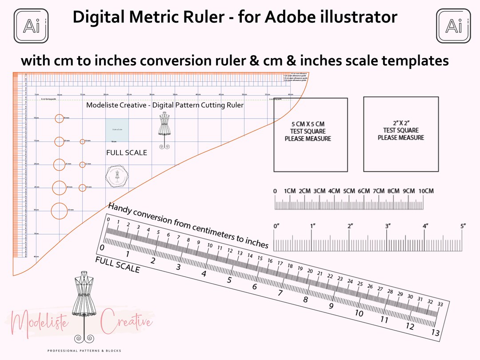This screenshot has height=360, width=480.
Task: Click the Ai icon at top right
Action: click(x=453, y=26)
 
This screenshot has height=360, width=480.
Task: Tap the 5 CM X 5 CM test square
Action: click(x=310, y=134)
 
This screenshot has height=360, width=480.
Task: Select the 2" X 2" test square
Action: click(x=400, y=134)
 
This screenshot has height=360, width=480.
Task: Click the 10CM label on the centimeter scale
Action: click(x=425, y=191)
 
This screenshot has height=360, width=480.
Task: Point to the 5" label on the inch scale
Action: click(x=463, y=226)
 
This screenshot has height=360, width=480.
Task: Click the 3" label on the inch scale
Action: click(x=388, y=226)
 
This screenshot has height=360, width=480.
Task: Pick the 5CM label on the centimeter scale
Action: click(x=349, y=191)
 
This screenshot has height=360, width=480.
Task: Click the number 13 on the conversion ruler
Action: click(x=436, y=333)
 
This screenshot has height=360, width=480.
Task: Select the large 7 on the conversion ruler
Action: click(x=280, y=293)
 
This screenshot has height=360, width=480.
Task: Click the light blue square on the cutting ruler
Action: click(x=117, y=130)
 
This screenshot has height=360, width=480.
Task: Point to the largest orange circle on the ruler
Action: click(x=60, y=210)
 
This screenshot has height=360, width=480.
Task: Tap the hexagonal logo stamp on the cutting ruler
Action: click(x=117, y=176)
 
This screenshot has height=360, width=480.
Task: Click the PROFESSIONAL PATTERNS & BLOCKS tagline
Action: click(x=84, y=351)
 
